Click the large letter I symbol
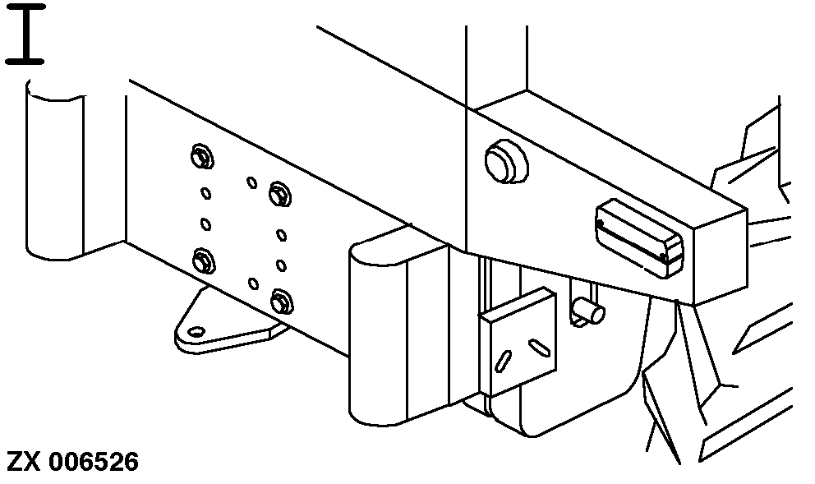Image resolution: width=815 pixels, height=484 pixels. (25, 35)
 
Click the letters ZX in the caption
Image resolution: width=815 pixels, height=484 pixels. (23, 462)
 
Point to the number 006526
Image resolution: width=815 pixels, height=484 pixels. (94, 462)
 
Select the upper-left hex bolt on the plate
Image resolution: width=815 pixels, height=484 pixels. (201, 156)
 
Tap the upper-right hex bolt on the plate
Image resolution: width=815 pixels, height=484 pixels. (280, 195)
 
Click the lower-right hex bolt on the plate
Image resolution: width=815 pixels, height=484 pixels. (282, 302)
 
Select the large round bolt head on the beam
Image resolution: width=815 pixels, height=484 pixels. (507, 161)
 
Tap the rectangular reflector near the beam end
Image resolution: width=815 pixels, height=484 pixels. (639, 238)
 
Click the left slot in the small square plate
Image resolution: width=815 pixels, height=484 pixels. (503, 361)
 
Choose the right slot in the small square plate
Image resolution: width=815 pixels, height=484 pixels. (539, 348)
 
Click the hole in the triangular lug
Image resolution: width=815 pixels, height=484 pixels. (196, 331)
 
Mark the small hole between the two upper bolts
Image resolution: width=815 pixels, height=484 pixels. (252, 182)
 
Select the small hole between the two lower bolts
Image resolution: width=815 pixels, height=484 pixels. (253, 283)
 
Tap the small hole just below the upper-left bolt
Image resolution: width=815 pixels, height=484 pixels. (206, 193)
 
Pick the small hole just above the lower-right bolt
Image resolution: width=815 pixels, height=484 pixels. (281, 265)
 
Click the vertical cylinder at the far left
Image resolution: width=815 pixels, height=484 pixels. (54, 169)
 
